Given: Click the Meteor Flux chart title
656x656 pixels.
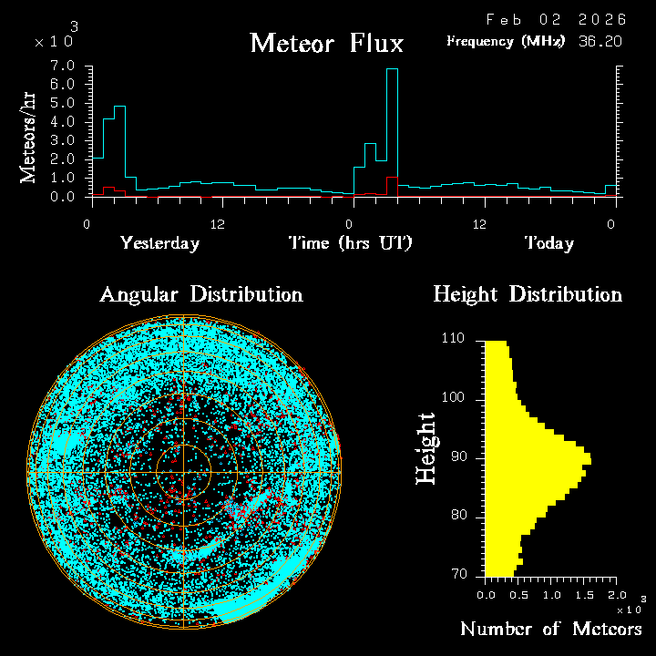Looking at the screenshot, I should (326, 43).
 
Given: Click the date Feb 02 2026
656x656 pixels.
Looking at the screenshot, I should (556, 19).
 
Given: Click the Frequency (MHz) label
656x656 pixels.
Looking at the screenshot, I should (506, 41).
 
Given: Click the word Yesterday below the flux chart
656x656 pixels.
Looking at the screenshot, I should (159, 243).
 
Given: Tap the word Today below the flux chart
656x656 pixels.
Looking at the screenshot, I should (548, 243).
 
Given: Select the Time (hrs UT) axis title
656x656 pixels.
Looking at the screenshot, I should (351, 243).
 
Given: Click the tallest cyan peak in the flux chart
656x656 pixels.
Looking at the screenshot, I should (392, 70).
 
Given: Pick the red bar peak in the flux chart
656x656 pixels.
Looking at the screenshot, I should (392, 179).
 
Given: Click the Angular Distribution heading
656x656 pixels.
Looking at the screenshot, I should (200, 295).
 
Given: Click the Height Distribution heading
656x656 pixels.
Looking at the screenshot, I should (528, 295).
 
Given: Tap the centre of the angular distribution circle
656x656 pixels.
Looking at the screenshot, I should (184, 472).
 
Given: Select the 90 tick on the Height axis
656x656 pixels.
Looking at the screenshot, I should (459, 456).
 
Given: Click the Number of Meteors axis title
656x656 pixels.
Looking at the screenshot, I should (551, 630).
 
